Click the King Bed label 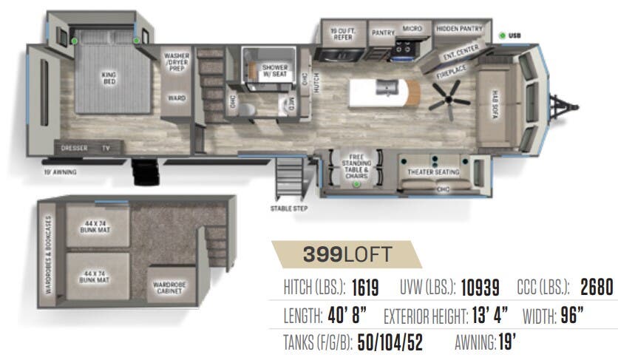point(110,78)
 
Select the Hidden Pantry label point(459,28)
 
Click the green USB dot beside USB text point(502,34)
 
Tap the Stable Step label point(289,208)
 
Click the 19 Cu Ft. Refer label point(342,32)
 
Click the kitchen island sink point(387,88)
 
